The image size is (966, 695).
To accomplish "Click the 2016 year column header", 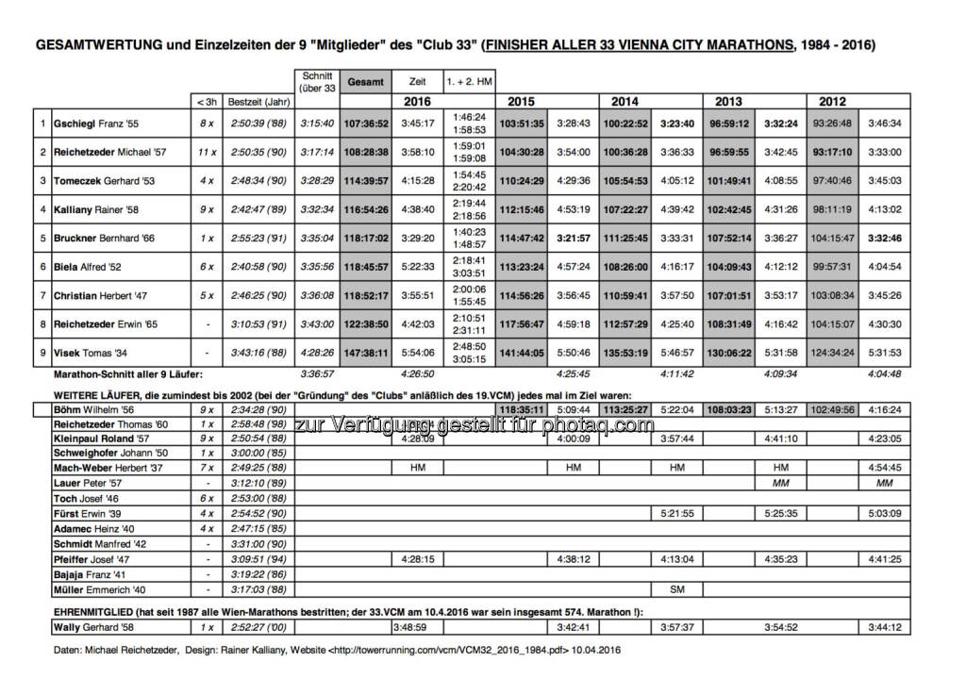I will pos(417,101).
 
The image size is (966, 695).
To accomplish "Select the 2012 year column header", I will pos(832,101).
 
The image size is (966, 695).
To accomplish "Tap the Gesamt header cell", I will pos(366,82).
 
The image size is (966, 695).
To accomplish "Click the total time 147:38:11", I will pos(366,354).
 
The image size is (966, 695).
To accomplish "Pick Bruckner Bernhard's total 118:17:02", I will pos(366,239).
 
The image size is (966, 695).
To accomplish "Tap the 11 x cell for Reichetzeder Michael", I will pos(204,152).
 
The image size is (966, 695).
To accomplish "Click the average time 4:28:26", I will pos(317,354).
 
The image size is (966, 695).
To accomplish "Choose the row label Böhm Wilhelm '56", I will pos(94,410).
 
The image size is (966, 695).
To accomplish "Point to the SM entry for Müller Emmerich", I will pos(677,590).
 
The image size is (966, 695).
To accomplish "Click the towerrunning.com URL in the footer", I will pos(442,650).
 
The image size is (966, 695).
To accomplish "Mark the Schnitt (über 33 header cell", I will pos(317,82).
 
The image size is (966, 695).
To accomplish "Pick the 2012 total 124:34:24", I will pos(832,354).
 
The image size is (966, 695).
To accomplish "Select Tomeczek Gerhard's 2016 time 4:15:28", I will pos(417,181).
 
